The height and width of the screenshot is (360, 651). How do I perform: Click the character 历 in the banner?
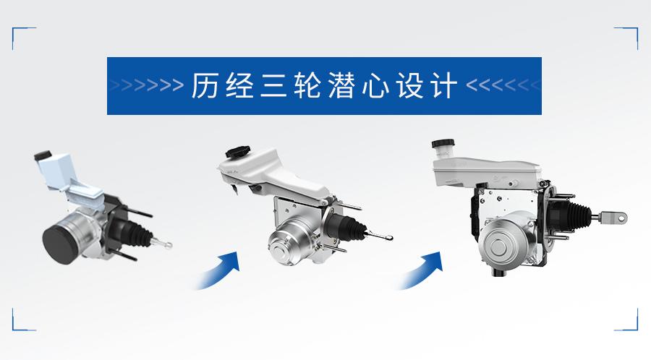point(205,85)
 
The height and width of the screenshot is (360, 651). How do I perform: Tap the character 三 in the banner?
point(273,85)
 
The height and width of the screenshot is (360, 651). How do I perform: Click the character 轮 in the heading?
point(307,85)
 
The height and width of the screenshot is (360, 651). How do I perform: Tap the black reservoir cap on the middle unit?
point(237,151)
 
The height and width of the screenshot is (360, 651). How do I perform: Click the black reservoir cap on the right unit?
point(443,144)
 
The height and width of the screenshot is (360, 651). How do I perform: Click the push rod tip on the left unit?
point(168,245)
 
